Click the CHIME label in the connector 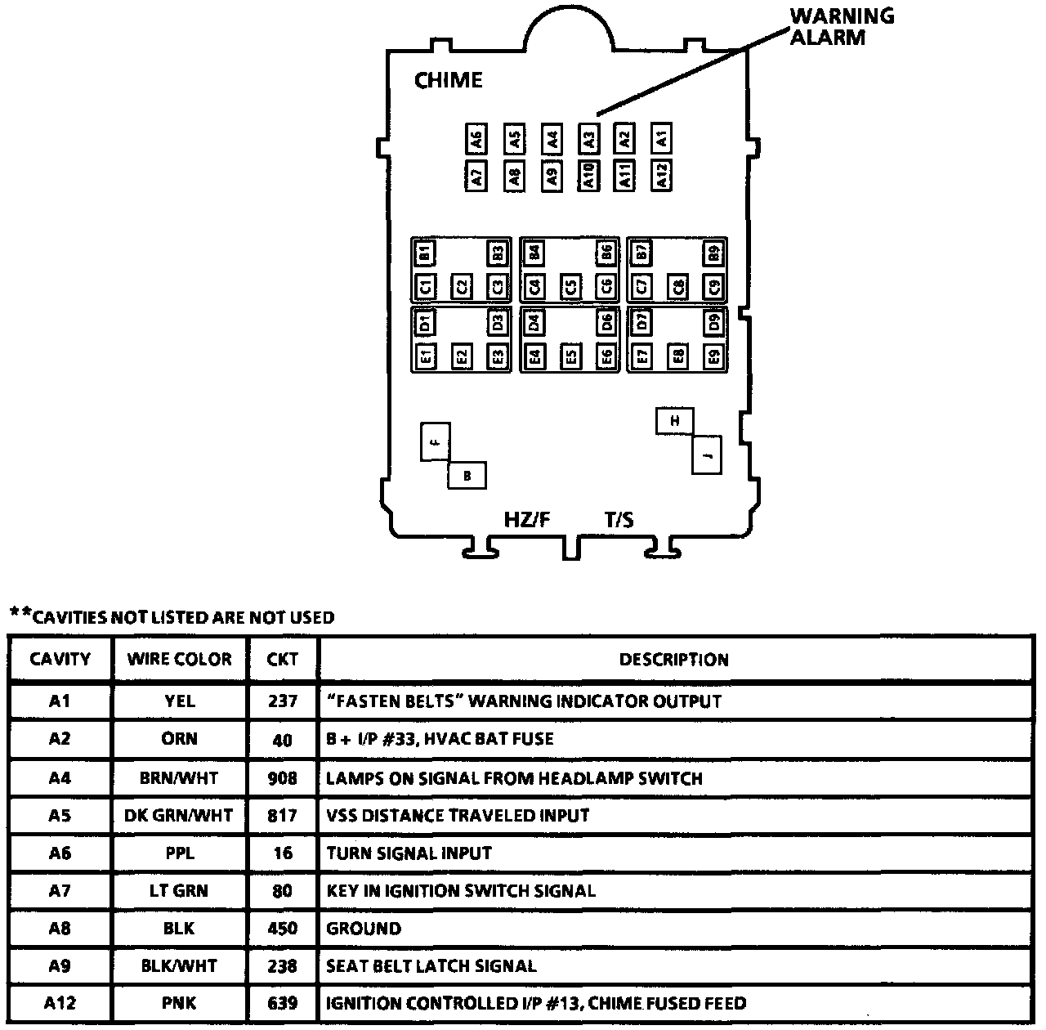[x=449, y=80]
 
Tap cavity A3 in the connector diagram [x=588, y=138]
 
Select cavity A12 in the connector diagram [x=662, y=174]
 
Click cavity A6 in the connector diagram [x=477, y=138]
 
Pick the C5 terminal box [x=570, y=287]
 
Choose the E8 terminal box [x=678, y=356]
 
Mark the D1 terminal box [x=425, y=322]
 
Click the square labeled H [x=674, y=421]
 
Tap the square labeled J [x=707, y=455]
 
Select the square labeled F [x=436, y=441]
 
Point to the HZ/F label [x=527, y=519]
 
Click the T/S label [x=619, y=519]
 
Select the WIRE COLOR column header [x=179, y=659]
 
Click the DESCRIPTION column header [x=673, y=659]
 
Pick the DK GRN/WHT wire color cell [x=179, y=815]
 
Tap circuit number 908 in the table [x=282, y=777]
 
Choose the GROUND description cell [x=364, y=929]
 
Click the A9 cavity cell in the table [x=60, y=966]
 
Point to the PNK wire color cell [x=179, y=1004]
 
